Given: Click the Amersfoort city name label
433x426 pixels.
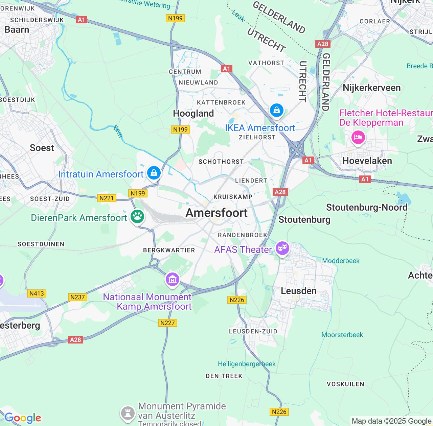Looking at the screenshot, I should pyautogui.click(x=216, y=213).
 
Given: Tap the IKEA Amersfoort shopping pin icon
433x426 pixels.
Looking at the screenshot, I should pyautogui.click(x=276, y=111).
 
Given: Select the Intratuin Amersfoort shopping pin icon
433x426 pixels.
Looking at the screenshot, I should pyautogui.click(x=154, y=173).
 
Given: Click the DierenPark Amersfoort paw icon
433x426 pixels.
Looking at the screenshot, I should pyautogui.click(x=137, y=216).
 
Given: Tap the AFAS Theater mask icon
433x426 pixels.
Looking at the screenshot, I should pyautogui.click(x=282, y=249).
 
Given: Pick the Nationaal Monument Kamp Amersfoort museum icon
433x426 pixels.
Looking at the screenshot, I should pyautogui.click(x=173, y=280).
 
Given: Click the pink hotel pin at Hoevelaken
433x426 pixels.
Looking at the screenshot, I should pyautogui.click(x=358, y=138).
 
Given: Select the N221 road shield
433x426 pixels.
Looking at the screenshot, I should pyautogui.click(x=107, y=198).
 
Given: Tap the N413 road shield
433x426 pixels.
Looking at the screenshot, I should pyautogui.click(x=37, y=293).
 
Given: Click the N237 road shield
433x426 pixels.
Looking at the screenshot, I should pyautogui.click(x=78, y=297).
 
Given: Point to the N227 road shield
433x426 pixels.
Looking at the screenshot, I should pyautogui.click(x=167, y=323).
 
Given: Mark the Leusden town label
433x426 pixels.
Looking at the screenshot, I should pyautogui.click(x=299, y=291).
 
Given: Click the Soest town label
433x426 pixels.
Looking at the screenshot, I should pyautogui.click(x=42, y=148).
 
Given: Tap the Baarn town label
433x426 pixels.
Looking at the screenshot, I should pyautogui.click(x=17, y=30).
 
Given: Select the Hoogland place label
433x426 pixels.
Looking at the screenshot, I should pyautogui.click(x=193, y=113).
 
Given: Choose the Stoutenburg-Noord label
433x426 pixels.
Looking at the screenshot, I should pyautogui.click(x=367, y=207).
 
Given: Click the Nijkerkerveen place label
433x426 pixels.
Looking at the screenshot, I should pyautogui.click(x=371, y=88).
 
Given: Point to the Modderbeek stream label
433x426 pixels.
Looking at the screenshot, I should pyautogui.click(x=341, y=261).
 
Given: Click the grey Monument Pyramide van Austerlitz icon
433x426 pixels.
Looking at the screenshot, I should pyautogui.click(x=128, y=413).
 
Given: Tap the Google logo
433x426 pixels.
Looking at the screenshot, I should pyautogui.click(x=23, y=418).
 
